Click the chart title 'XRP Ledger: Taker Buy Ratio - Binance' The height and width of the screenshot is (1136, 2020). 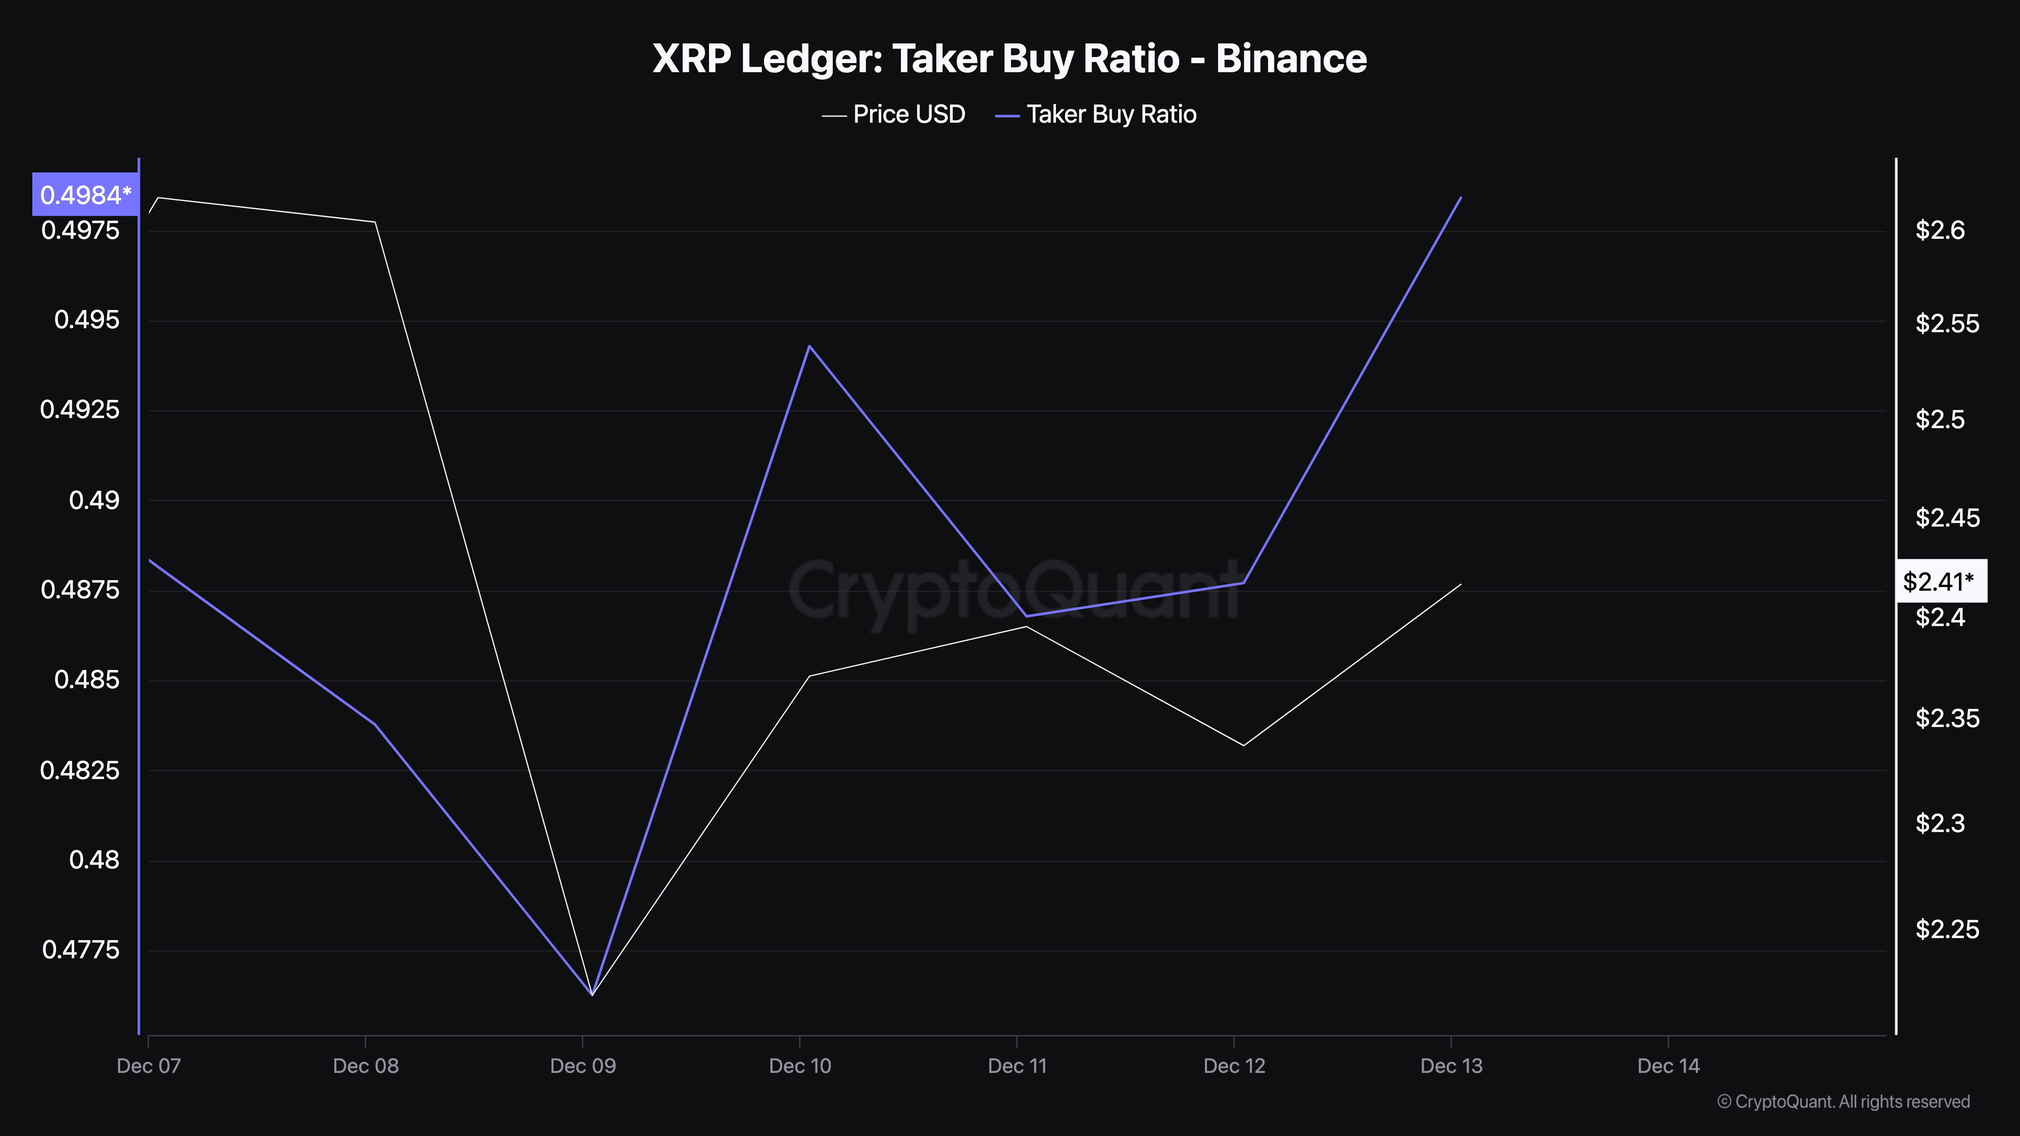(1009, 59)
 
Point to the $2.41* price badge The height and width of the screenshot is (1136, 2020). (1941, 581)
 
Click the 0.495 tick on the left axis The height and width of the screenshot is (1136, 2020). (86, 320)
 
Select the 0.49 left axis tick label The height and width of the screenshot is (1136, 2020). (94, 500)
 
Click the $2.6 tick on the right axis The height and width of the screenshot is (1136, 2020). (1940, 230)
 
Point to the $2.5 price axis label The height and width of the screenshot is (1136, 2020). (1940, 420)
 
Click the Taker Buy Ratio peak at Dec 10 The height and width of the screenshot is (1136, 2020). (809, 346)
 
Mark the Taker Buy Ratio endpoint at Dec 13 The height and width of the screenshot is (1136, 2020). (1460, 197)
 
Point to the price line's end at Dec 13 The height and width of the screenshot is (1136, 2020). (1460, 584)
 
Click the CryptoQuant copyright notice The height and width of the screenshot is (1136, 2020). (1843, 1102)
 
